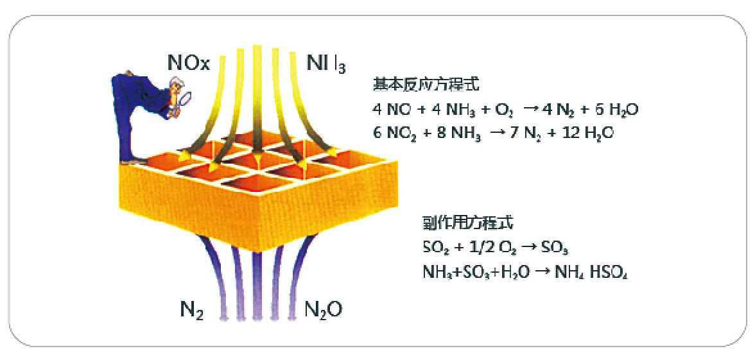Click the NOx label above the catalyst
pos(188,63)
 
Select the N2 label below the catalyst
pos(191,311)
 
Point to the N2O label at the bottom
pos(322,311)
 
